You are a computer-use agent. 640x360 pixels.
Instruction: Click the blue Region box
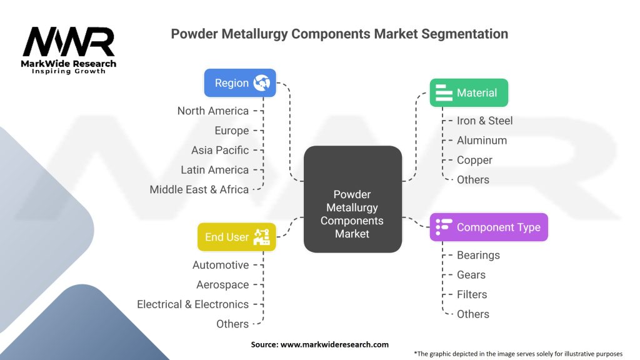(x=240, y=83)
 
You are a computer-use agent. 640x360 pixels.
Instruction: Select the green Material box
(x=469, y=92)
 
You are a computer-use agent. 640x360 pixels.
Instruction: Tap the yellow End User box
(x=236, y=237)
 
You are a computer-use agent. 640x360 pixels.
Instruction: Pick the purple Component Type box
(x=489, y=227)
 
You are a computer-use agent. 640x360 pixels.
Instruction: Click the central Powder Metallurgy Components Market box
(x=352, y=199)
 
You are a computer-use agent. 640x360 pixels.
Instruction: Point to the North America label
(x=212, y=111)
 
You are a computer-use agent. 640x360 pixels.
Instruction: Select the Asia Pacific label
(x=220, y=150)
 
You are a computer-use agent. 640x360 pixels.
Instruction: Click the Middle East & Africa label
(x=199, y=189)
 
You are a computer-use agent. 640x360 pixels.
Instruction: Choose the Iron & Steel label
(x=484, y=121)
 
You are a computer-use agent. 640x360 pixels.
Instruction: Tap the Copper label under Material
(x=474, y=160)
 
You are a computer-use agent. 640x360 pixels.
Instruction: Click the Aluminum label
(x=481, y=140)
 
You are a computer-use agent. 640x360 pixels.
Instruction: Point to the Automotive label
(x=221, y=265)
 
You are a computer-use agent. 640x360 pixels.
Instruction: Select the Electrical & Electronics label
(x=192, y=304)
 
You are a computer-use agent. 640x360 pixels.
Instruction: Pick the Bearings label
(x=478, y=255)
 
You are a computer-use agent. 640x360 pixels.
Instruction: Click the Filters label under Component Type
(x=471, y=294)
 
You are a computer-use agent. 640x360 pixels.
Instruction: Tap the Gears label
(x=471, y=274)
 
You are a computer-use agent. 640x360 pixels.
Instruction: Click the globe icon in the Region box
(x=261, y=83)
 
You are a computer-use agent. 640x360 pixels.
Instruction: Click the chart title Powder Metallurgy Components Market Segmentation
(x=339, y=34)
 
